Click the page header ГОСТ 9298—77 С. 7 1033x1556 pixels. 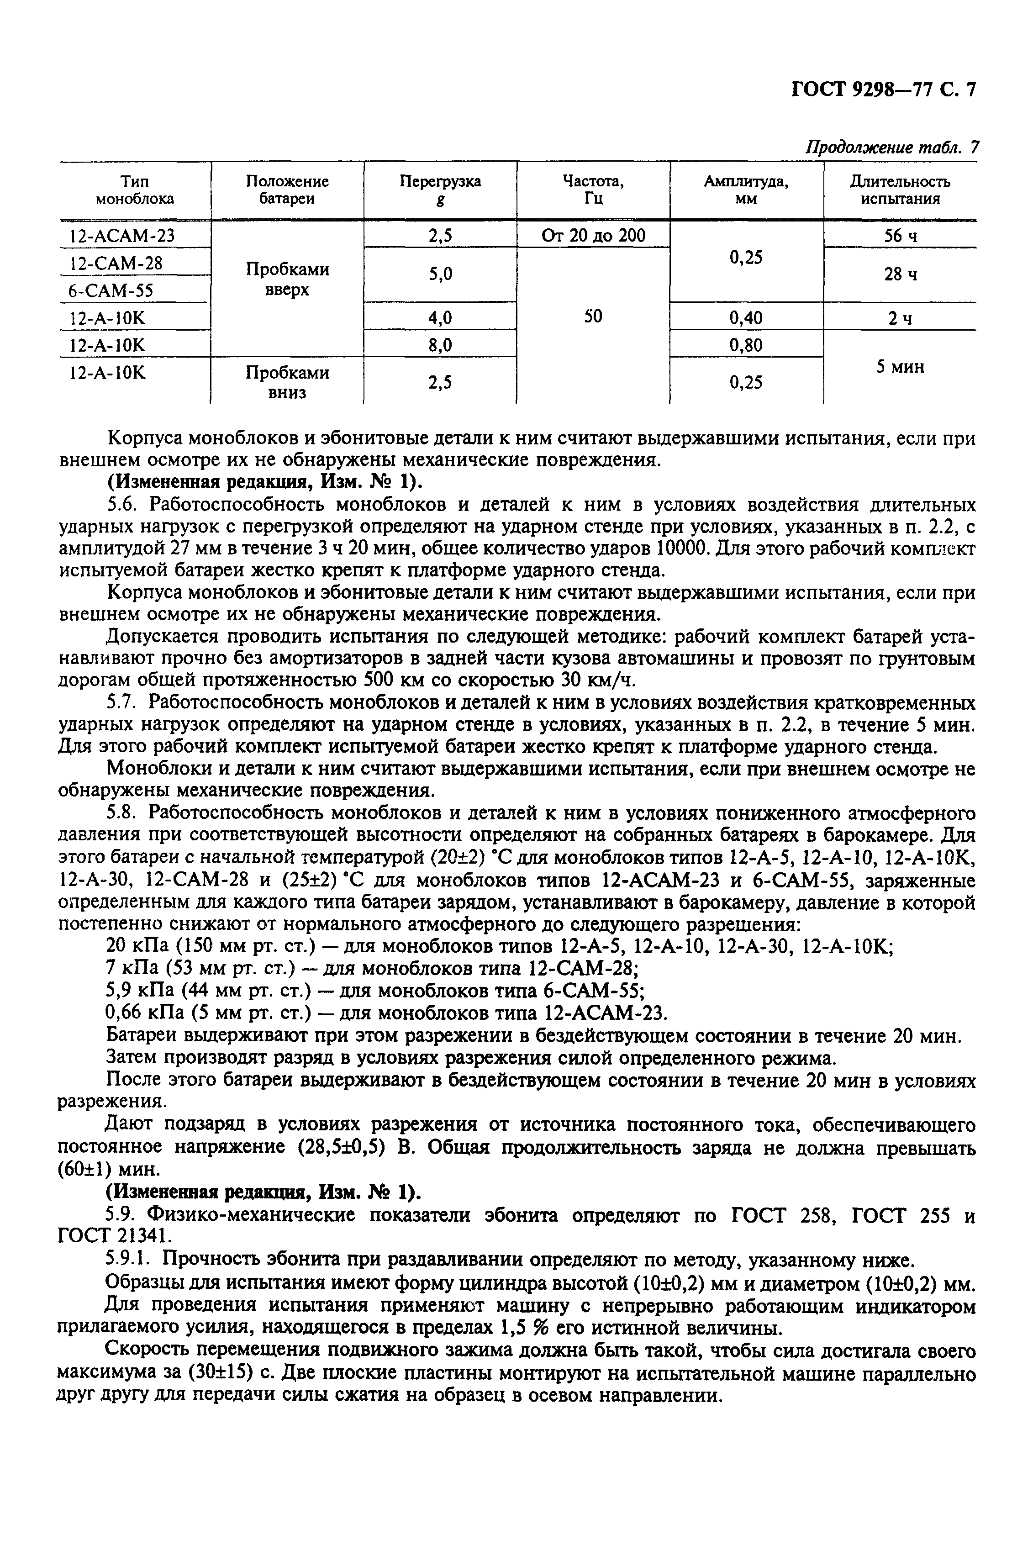882,90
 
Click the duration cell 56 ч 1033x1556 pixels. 900,236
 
